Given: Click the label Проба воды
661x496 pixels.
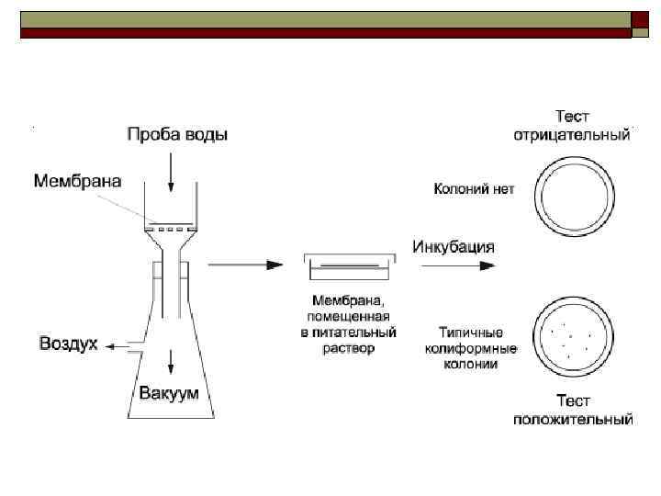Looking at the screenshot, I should [176, 135].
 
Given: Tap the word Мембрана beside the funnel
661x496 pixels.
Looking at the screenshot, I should [77, 180].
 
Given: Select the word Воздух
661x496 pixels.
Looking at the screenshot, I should [68, 344].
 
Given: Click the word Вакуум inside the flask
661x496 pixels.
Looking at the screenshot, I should [170, 393].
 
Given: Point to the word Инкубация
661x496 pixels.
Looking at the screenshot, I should [454, 246].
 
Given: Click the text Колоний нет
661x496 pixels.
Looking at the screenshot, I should [474, 189].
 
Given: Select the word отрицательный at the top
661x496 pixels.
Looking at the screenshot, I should [571, 135].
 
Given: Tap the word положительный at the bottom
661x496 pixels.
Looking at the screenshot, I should [572, 420].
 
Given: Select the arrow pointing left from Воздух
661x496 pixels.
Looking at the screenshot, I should [116, 346].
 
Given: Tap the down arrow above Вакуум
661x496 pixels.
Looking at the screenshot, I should [171, 361].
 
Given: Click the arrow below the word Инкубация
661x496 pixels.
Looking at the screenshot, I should [459, 265].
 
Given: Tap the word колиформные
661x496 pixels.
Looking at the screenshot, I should [472, 349].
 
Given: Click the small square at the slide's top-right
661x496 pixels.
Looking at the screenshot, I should [639, 19].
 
